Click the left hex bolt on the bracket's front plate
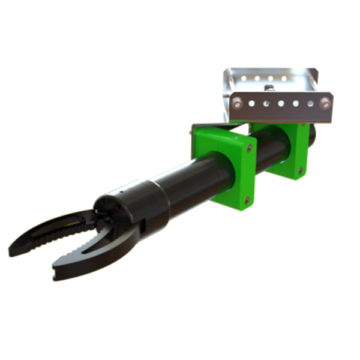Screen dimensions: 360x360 (x=239, y=103)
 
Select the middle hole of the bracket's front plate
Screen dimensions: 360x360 (x=281, y=103)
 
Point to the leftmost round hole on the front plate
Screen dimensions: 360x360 (x=252, y=103)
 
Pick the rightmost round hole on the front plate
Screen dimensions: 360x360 (x=310, y=103)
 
